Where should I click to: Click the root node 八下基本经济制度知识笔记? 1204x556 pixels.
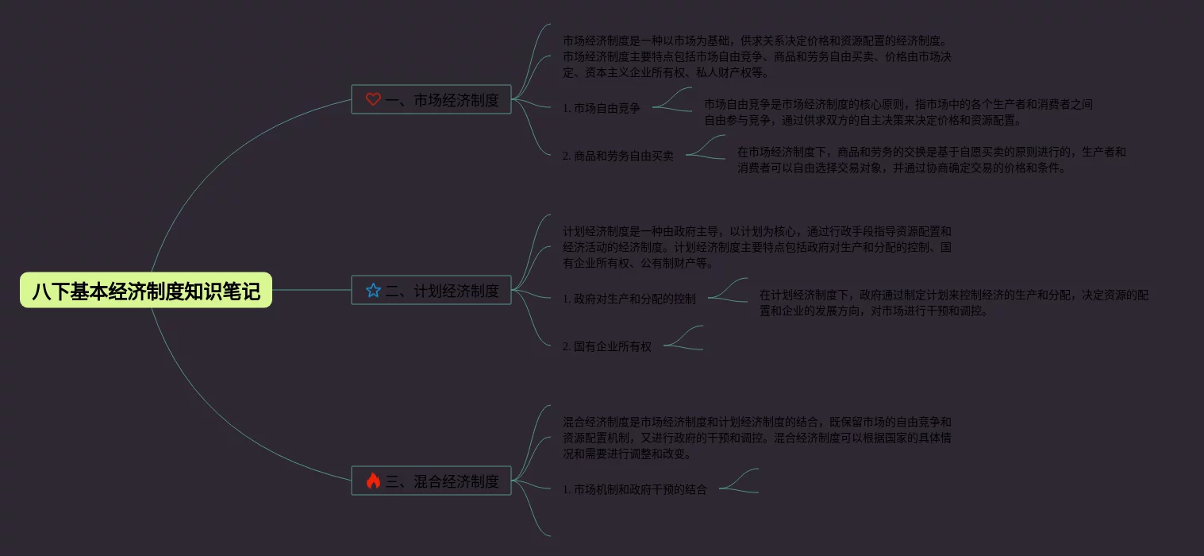[146, 291]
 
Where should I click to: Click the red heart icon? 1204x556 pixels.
[373, 99]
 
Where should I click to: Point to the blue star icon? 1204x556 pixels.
[373, 291]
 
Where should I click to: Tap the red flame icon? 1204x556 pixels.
[373, 481]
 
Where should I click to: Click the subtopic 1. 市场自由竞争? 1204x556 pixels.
[601, 108]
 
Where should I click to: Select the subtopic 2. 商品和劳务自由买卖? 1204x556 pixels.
[617, 156]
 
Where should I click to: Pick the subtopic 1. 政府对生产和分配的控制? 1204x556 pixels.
[629, 299]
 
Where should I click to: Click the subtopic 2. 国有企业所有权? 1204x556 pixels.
[606, 346]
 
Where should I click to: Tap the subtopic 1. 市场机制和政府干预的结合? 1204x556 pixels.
[634, 489]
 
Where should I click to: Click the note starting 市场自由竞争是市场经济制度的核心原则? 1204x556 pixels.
[898, 112]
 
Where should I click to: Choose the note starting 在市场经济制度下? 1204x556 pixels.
[931, 160]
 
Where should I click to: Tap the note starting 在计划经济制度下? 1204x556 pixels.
[953, 303]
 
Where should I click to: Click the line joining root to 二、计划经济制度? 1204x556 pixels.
[311, 290]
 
